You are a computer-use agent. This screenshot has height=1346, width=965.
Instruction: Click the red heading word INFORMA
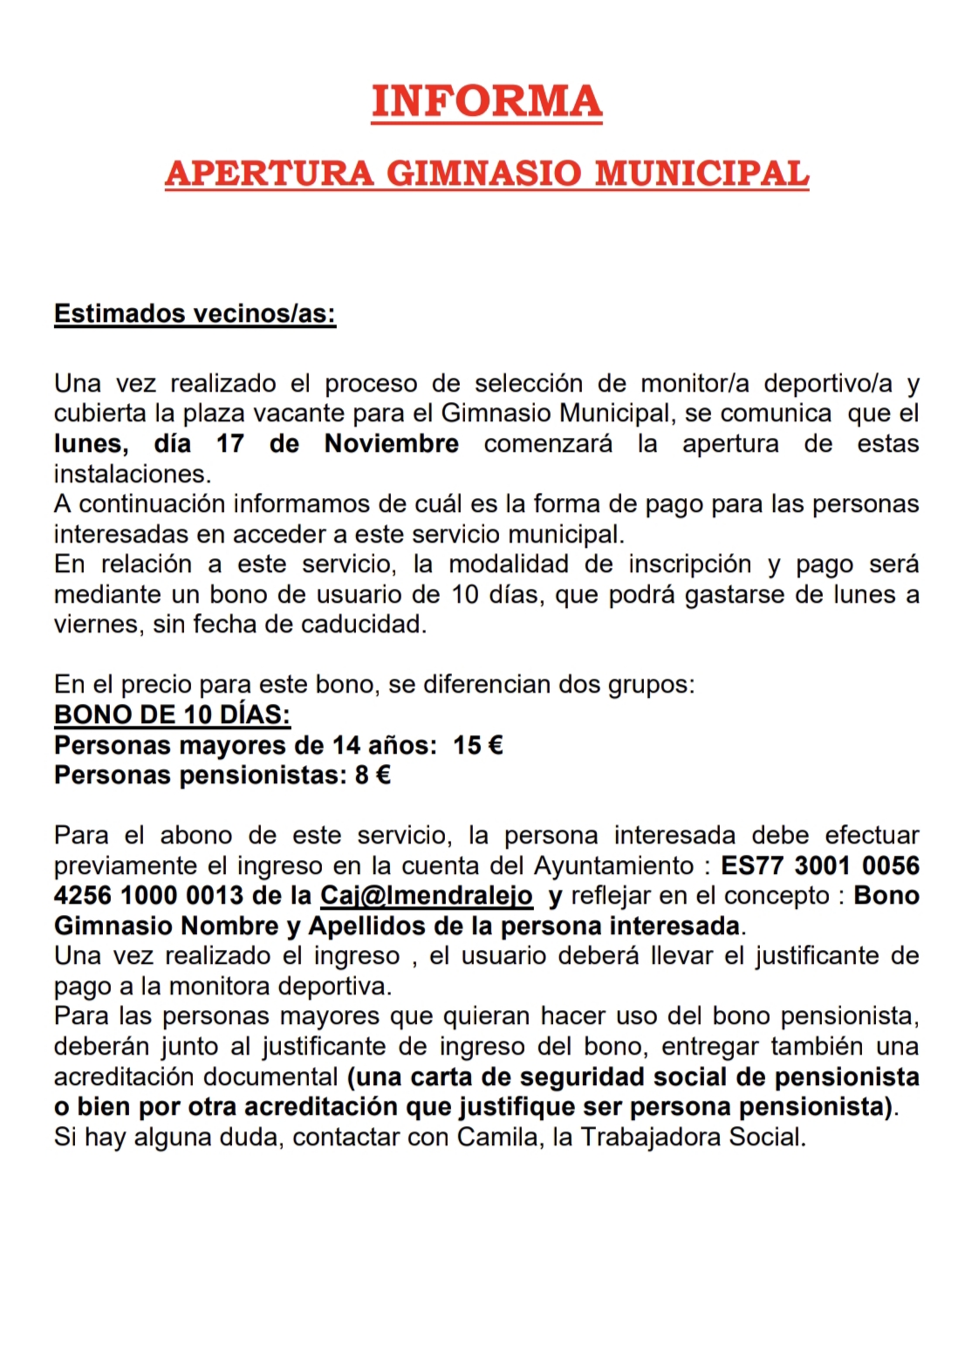[486, 101]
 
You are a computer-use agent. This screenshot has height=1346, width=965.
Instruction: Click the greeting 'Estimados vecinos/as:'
[195, 314]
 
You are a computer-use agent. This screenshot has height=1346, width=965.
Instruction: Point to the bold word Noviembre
[391, 443]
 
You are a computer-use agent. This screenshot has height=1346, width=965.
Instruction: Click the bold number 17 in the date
[230, 443]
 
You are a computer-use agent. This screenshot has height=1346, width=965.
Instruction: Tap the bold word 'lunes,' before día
[91, 443]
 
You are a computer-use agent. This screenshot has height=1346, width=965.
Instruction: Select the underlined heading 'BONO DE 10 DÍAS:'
[172, 714]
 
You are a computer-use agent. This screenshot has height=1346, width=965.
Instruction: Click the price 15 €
[478, 745]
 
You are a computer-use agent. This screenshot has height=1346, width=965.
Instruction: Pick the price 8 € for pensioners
[373, 775]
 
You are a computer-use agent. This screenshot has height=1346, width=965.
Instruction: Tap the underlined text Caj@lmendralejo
[427, 896]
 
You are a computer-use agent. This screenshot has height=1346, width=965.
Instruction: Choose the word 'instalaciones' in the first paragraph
[131, 474]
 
